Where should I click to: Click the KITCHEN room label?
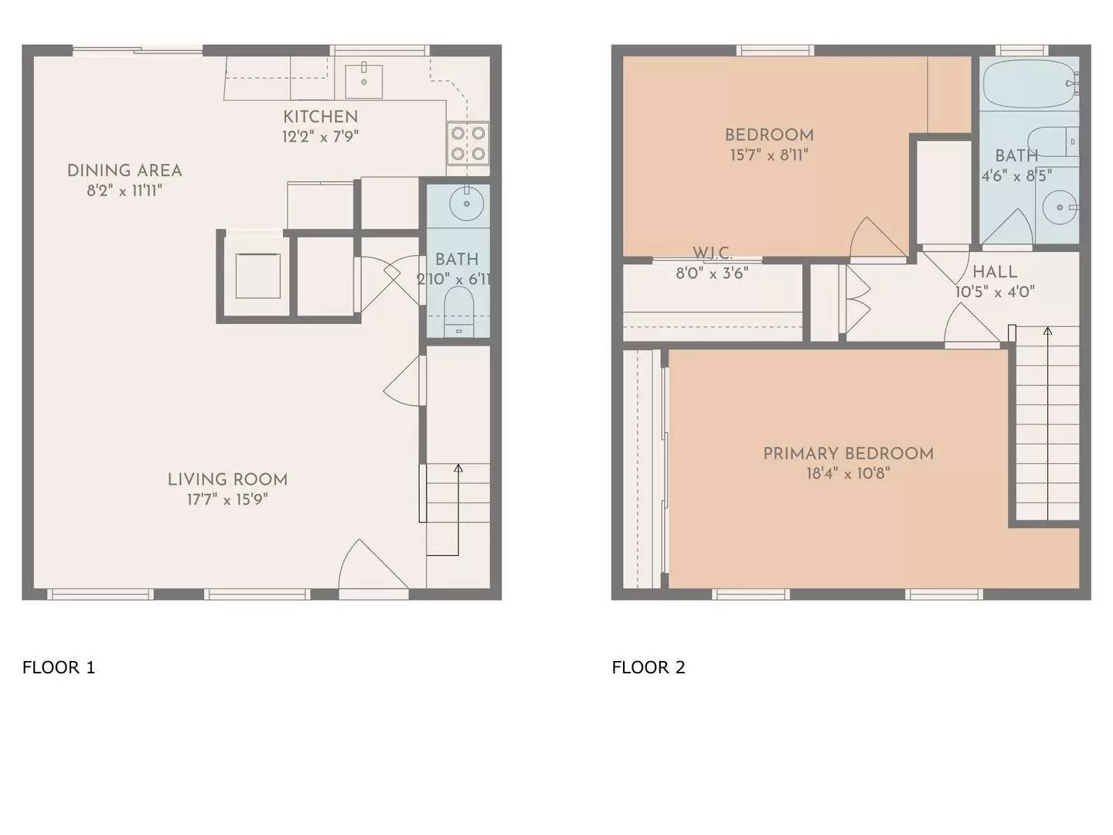320,117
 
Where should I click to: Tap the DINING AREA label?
124,171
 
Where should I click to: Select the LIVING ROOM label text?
227,479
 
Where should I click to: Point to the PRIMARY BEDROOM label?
848,454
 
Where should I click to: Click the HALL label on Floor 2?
995,272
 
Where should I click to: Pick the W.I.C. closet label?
712,254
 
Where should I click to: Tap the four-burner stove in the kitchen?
468,143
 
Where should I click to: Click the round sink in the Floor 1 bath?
467,203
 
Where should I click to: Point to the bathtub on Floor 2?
1028,83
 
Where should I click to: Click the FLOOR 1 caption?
59,667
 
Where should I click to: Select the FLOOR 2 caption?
648,667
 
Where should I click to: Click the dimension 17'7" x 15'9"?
227,499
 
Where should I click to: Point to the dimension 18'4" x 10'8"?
848,473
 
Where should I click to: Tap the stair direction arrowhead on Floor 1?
458,468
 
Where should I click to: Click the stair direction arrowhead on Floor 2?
1048,331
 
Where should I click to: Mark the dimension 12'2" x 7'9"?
320,137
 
